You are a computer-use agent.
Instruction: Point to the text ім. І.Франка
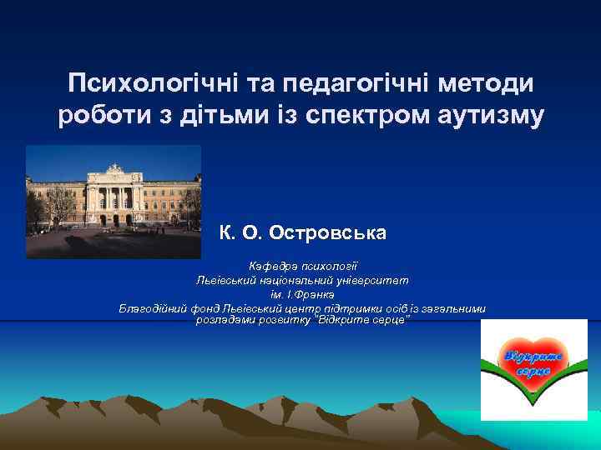[x=301, y=295]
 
